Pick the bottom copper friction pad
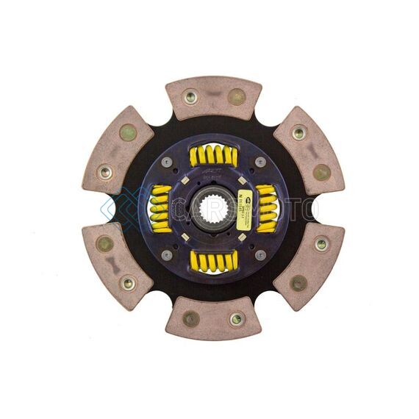pos(213,318)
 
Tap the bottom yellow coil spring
pos(213,259)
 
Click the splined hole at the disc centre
pos(212,208)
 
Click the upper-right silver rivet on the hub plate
pos(259,162)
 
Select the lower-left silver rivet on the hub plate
pos(167,254)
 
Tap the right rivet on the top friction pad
pos(236,96)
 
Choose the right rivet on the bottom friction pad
pos(236,319)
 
